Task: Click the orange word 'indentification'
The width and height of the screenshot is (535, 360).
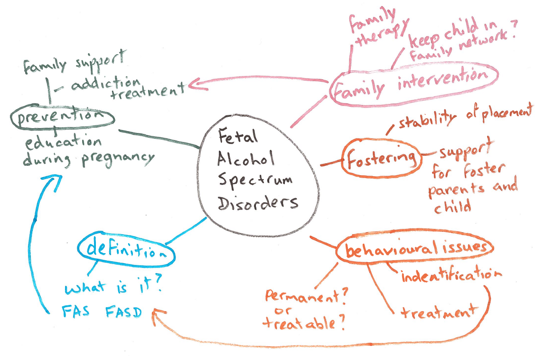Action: pyautogui.click(x=451, y=275)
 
